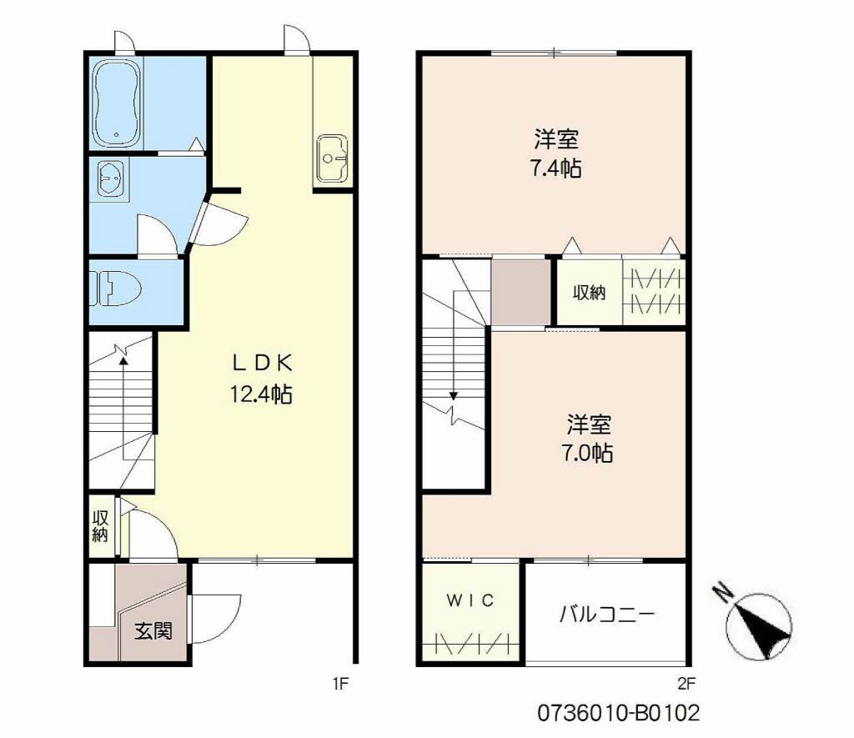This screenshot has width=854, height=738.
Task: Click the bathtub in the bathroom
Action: (x=117, y=103)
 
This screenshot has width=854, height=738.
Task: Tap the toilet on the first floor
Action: (x=117, y=289)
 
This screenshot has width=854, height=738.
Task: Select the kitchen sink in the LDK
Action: (x=332, y=158)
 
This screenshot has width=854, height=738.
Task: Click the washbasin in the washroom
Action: (x=113, y=178)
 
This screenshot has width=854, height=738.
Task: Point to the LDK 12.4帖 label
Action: (x=261, y=378)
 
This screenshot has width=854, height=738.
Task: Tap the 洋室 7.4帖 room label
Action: (x=556, y=153)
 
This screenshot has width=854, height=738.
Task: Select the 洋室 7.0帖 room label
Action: (x=588, y=439)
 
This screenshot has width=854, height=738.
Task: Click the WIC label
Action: (x=470, y=600)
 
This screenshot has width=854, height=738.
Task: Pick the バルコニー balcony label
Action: (x=607, y=615)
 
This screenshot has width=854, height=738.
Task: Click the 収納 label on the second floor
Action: (x=589, y=293)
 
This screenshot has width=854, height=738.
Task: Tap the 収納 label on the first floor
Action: (x=100, y=525)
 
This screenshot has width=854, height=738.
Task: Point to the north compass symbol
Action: (x=757, y=623)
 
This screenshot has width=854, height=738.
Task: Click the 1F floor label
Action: (x=340, y=684)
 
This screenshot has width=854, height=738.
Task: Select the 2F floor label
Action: (x=686, y=684)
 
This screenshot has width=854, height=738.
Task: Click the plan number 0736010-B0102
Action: (x=619, y=712)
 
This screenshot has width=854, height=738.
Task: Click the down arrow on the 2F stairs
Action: (x=453, y=359)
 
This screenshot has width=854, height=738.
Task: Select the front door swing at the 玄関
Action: (x=216, y=619)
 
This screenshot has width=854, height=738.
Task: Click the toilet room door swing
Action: (x=157, y=235)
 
